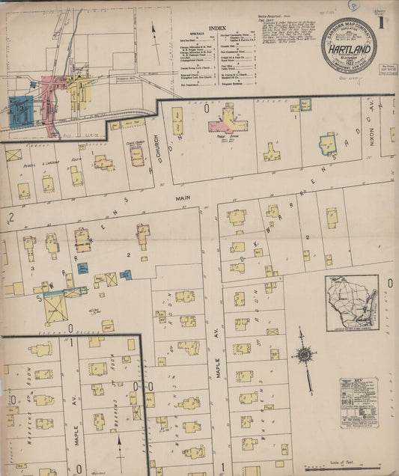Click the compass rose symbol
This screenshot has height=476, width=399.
304,354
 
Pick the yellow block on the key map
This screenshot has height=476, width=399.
79,82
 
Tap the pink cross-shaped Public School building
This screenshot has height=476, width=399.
228,118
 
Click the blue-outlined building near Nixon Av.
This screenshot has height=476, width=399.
328,143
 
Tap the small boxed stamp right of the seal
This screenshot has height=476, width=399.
389,72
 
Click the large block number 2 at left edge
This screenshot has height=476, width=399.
10,217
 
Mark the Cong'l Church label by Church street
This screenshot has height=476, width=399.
135,144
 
